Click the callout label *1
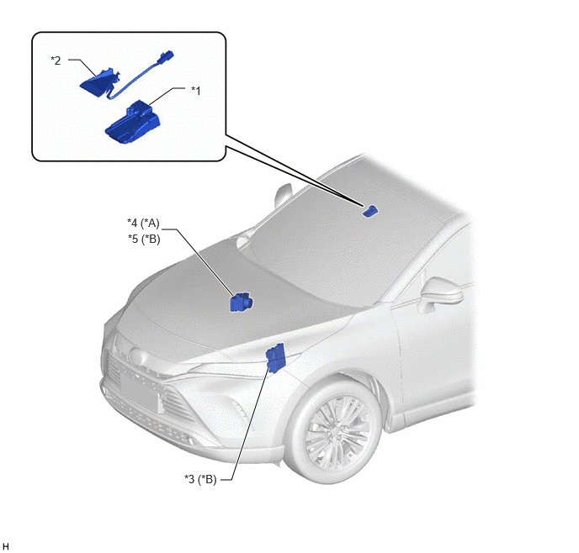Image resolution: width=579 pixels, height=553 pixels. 196,91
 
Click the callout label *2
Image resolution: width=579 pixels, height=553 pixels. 56,61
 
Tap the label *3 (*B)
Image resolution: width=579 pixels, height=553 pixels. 200,479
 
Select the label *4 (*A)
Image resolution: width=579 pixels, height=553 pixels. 143,223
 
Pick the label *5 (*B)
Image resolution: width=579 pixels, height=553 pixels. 144,240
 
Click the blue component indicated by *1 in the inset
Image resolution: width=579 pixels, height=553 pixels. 133,122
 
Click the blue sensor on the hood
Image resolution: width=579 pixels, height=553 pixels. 242,302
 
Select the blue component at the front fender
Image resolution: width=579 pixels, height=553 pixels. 275,358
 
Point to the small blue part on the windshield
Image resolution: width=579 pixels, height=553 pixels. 369,210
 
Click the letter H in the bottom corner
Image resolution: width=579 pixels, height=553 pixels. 6,546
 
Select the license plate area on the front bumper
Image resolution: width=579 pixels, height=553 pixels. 140,391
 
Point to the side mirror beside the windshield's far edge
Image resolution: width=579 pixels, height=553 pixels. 283,195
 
